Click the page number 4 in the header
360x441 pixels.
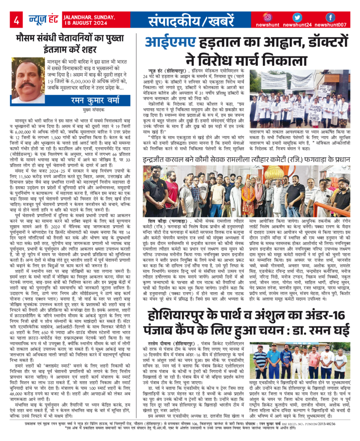[x=16, y=20]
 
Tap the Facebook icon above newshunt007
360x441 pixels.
[x=330, y=17]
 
